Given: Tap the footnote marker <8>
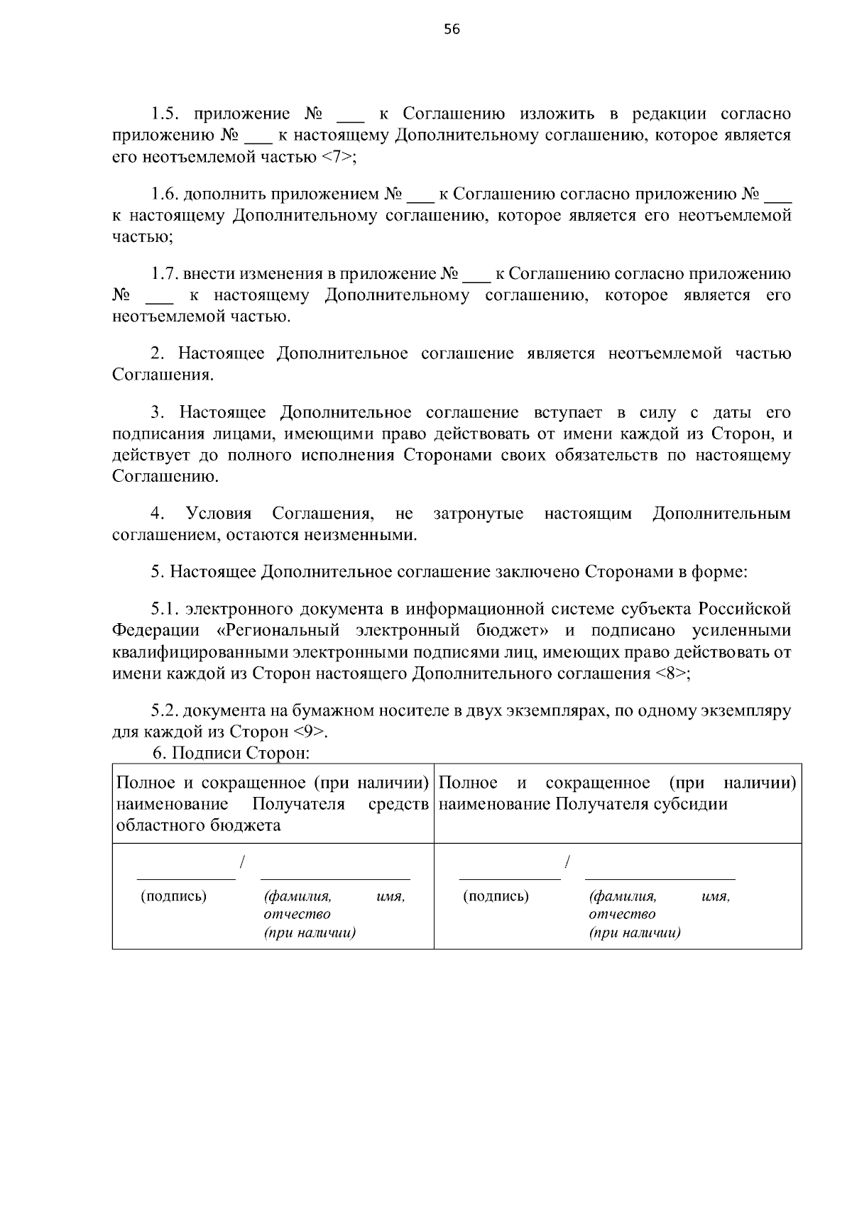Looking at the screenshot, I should (672, 673).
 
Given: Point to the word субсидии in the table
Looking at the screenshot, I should (694, 804).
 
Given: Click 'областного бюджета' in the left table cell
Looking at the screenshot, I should (198, 825).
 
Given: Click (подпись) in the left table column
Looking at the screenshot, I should (174, 896).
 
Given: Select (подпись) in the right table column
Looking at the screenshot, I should (496, 896).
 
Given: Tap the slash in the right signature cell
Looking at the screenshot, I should (567, 862).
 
